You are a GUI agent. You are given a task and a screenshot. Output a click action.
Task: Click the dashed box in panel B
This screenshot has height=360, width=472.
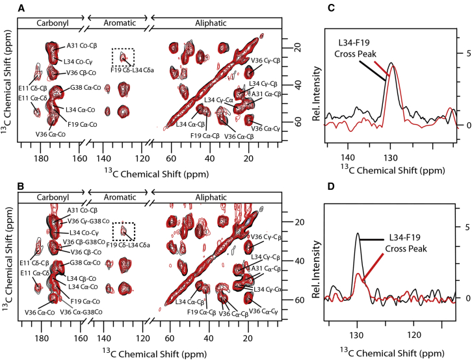[124, 231]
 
